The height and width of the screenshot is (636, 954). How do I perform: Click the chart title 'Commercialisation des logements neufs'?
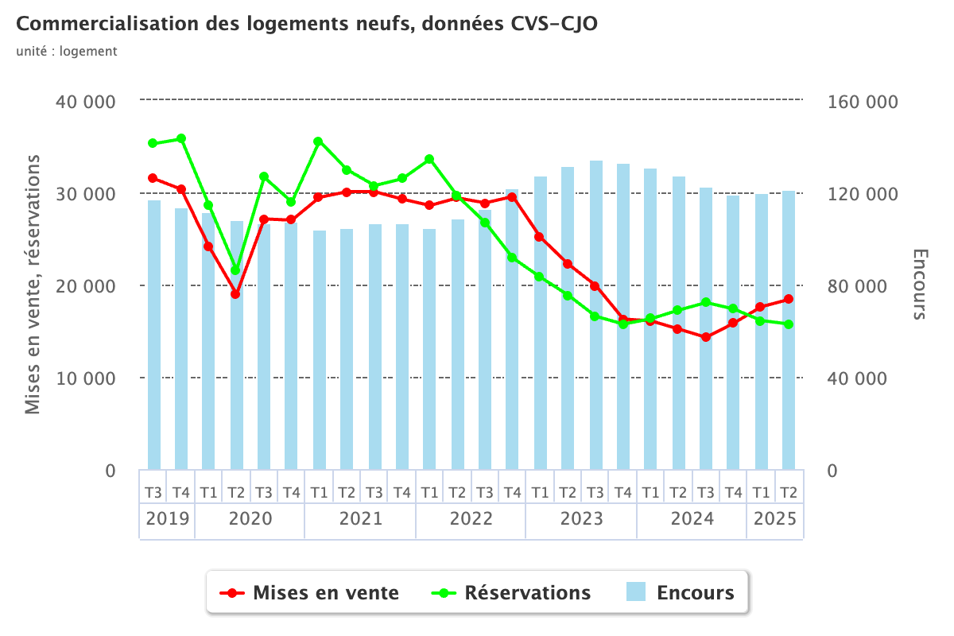coord(307,24)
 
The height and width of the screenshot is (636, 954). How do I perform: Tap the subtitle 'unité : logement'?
coord(67,52)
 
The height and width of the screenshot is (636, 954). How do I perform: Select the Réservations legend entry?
coord(514,592)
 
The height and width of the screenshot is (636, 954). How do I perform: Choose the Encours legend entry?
coord(680,592)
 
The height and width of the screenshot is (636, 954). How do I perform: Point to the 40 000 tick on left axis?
coord(87,102)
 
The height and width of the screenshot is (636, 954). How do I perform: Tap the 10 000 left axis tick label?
coord(87,378)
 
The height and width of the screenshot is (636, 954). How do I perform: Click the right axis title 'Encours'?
coord(919,285)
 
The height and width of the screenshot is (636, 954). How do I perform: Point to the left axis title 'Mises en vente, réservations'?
coord(33,285)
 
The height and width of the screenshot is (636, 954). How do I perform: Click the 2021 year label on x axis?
coord(360,519)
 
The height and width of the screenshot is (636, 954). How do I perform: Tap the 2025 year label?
coord(774,519)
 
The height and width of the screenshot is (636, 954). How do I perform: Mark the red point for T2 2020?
coord(235,294)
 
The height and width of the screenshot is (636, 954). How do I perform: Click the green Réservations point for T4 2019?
coord(181,138)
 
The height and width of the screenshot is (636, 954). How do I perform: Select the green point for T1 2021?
coord(318,142)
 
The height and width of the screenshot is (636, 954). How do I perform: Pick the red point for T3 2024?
coord(705,337)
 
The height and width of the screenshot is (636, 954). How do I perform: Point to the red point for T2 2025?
coord(789,299)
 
